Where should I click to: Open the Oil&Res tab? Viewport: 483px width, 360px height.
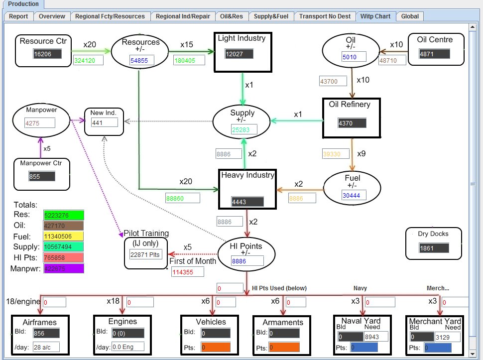pyautogui.click(x=232, y=16)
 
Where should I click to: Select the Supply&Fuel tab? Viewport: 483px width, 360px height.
pyautogui.click(x=271, y=16)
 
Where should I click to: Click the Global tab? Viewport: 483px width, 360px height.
pyautogui.click(x=410, y=16)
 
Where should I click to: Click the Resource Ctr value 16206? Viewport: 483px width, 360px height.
pyautogui.click(x=47, y=54)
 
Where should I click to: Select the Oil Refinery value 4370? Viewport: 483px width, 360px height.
pyautogui.click(x=352, y=122)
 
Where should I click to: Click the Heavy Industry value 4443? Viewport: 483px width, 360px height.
pyautogui.click(x=246, y=202)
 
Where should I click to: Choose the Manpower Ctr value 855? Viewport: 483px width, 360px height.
pyautogui.click(x=41, y=176)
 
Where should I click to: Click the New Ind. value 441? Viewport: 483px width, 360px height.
pyautogui.click(x=105, y=122)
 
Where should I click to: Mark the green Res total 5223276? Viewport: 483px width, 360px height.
pyautogui.click(x=63, y=216)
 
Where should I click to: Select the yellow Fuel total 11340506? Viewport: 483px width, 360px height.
pyautogui.click(x=63, y=237)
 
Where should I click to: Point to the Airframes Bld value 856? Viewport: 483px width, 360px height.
pyautogui.click(x=46, y=334)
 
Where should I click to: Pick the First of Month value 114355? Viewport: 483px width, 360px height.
pyautogui.click(x=188, y=272)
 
